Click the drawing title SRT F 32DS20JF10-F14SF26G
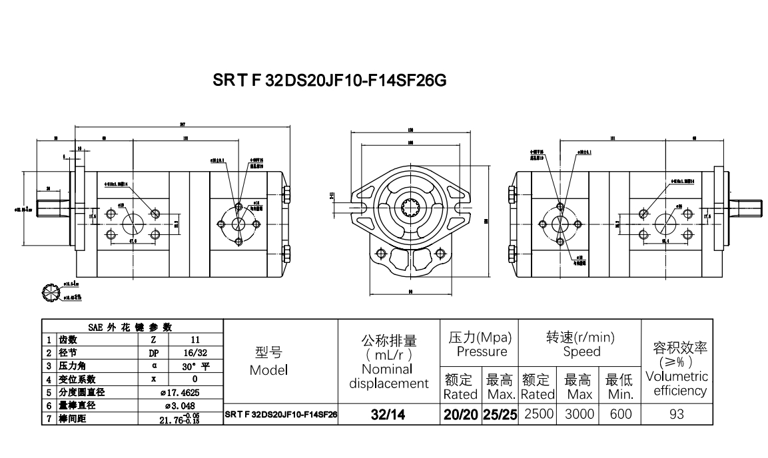[329, 81]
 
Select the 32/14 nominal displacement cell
[389, 415]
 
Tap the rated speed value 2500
[539, 414]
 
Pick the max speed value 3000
[579, 414]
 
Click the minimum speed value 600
[621, 414]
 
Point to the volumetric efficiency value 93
[676, 414]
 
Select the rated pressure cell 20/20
[460, 415]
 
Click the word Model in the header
[268, 370]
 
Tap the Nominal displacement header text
[389, 376]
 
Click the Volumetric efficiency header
[676, 383]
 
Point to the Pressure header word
[482, 351]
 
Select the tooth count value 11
[194, 339]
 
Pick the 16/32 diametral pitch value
[194, 352]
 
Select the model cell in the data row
[280, 415]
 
